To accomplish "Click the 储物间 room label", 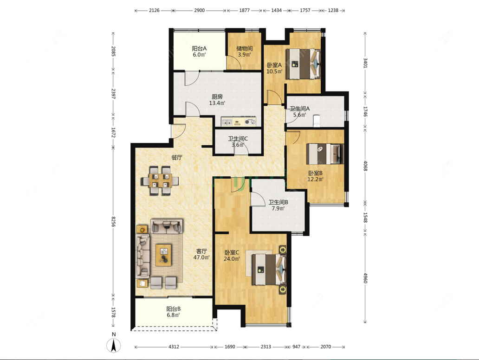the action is click(245, 48).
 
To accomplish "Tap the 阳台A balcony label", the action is click(199, 48).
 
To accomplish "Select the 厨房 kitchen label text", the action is click(217, 96).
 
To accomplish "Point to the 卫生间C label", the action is click(238, 138).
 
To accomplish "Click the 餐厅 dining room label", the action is click(177, 158).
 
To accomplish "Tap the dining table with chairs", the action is click(160, 180).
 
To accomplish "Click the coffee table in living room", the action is click(163, 255).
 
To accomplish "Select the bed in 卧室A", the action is click(303, 64).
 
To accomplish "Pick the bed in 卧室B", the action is click(325, 154).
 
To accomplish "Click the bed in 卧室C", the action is click(269, 270).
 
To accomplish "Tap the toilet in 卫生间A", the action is click(317, 120).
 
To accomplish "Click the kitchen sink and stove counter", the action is click(239, 122).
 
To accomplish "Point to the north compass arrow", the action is click(113, 346).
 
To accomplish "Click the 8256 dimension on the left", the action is click(113, 221).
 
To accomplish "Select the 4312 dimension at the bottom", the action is click(174, 347).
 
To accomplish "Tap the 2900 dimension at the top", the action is click(199, 10).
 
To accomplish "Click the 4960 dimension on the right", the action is click(365, 278).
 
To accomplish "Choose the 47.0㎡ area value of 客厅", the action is click(201, 257).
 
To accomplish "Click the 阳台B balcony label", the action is click(174, 309).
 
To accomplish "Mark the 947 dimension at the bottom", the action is click(296, 347).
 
